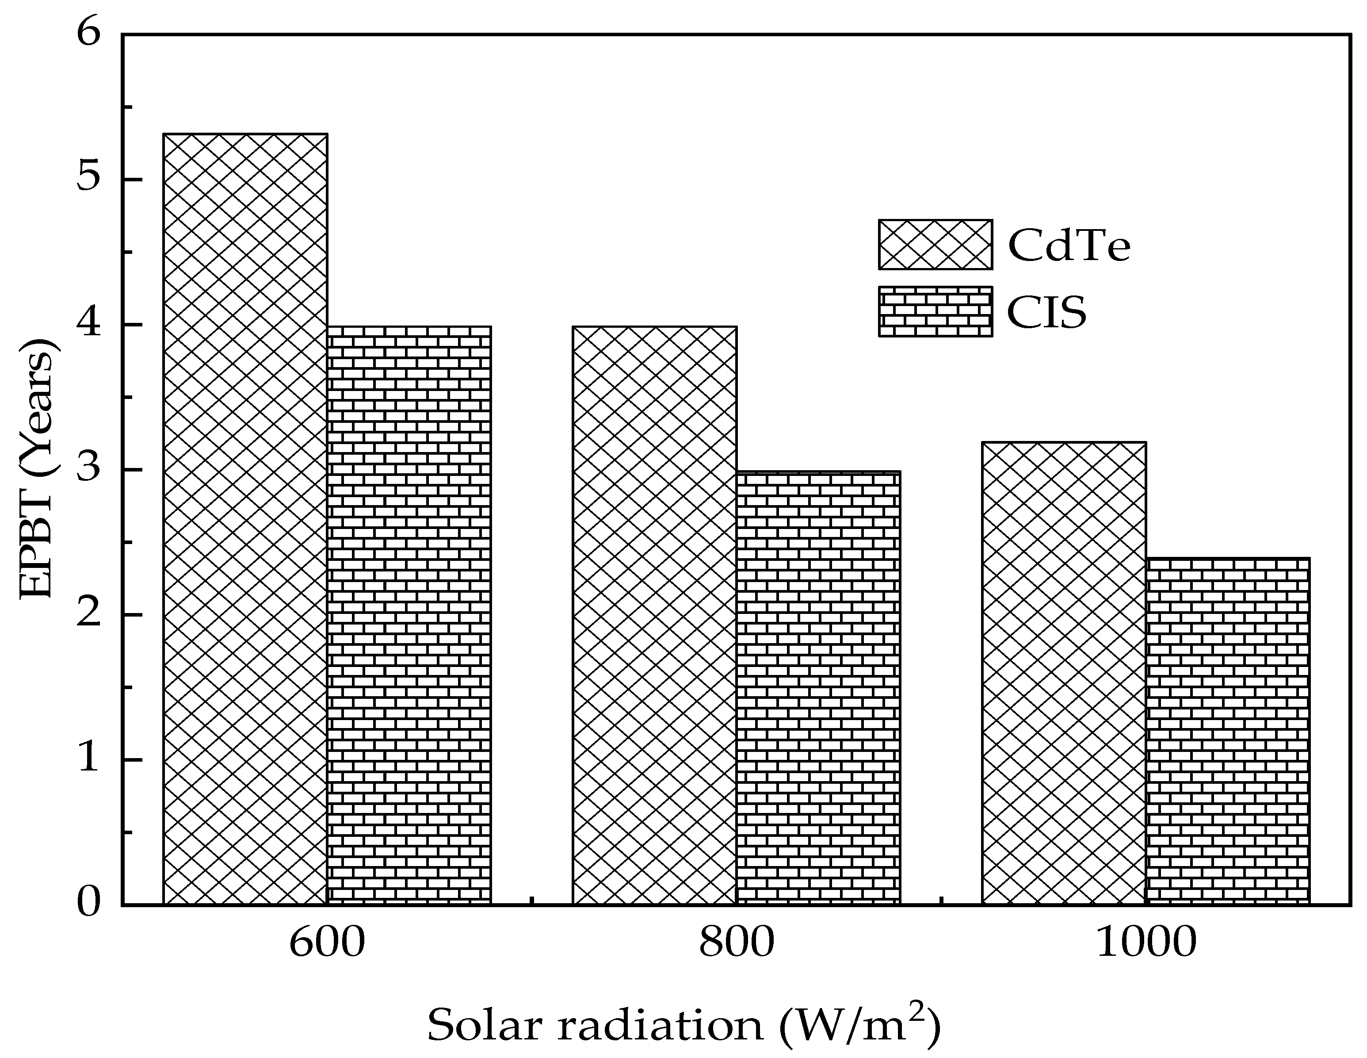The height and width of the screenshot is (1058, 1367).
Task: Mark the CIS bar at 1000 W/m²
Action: pos(1227,731)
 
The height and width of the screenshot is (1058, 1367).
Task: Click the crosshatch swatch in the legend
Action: pos(935,244)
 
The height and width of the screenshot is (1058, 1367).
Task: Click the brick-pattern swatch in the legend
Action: pos(935,312)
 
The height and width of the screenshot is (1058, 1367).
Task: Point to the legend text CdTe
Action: pos(1069,245)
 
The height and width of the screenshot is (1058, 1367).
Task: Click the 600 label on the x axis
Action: pos(327,943)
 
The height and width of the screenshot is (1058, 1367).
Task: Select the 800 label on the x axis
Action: pos(737,943)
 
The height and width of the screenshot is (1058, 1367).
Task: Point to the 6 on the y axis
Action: pos(89,34)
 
